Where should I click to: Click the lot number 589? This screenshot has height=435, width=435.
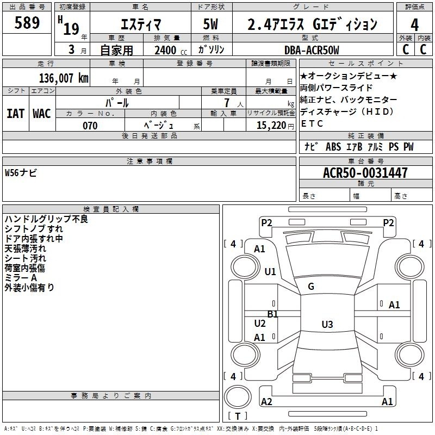coord(27,22)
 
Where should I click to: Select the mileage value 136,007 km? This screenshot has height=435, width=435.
coord(64,78)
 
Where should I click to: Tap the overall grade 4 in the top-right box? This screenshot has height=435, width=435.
coord(414,25)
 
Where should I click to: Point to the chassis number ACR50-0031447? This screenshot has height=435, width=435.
coord(365,173)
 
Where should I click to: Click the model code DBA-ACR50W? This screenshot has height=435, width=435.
coord(312,50)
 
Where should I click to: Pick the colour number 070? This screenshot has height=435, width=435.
coord(90,126)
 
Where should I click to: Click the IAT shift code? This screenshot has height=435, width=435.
coord(16,114)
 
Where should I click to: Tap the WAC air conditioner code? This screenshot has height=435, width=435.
coord(42,114)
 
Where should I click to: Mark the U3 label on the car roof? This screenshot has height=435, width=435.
coord(327,324)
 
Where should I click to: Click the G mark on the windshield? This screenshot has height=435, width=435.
coord(311,287)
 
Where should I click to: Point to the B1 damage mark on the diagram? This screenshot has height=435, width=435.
coord(273,314)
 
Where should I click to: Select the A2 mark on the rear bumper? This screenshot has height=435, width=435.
coord(266,401)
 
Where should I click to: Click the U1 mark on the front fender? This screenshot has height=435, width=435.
coord(270,271)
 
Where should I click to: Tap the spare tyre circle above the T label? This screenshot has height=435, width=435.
coord(238,397)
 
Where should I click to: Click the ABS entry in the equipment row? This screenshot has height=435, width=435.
coord(333,147)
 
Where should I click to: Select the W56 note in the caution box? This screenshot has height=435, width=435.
coord(21,173)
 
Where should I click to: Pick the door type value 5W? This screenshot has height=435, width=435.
coord(210,24)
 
